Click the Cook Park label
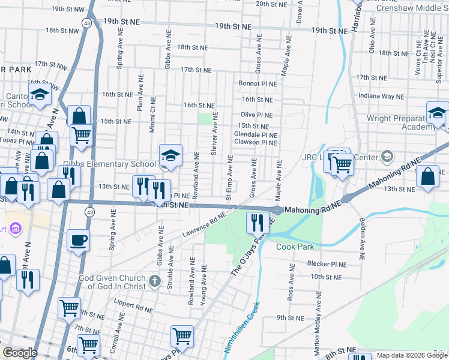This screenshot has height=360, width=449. (295, 247)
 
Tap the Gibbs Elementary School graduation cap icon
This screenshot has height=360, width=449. (170, 155)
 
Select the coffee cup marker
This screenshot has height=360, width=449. (78, 241)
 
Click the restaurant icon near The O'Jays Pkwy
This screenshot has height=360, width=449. (257, 223)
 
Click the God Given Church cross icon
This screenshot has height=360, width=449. (155, 281)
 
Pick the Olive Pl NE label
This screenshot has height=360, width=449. (256, 115)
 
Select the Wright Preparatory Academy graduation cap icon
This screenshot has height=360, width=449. (438, 113)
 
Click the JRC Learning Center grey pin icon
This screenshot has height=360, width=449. (387, 157)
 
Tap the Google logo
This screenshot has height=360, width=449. (20, 353)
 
